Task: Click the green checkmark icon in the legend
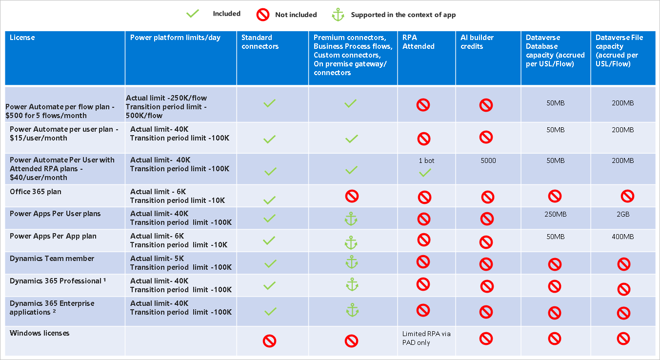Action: (193, 14)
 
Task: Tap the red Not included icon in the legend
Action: (263, 15)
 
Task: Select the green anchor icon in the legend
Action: (338, 15)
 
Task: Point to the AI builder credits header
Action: (477, 42)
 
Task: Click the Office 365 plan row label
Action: (36, 192)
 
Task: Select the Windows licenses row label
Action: (40, 333)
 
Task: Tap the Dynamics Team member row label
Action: (52, 259)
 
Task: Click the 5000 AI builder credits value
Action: (488, 160)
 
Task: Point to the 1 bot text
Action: (426, 160)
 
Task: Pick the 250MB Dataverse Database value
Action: (555, 214)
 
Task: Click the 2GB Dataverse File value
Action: (622, 214)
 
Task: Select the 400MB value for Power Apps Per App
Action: (622, 237)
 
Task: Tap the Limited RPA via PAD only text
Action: (426, 338)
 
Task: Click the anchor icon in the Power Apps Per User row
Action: (351, 219)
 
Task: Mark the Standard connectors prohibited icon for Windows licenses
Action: (269, 340)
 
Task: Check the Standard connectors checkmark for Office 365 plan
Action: (270, 200)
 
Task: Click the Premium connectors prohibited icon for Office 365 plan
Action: (352, 196)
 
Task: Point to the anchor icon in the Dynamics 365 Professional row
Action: (352, 284)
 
